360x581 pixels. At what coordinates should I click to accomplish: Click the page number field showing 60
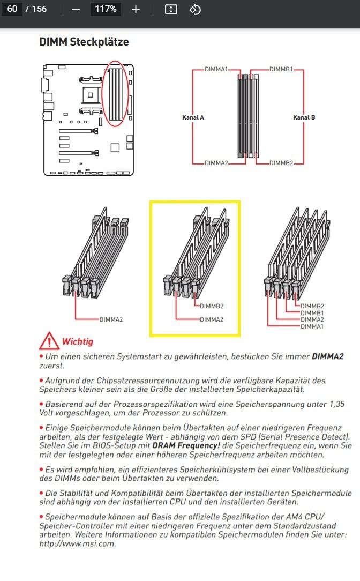tap(12, 9)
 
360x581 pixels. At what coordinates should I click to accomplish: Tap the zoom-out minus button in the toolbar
tap(76, 9)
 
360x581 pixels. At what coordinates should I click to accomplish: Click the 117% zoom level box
tap(105, 9)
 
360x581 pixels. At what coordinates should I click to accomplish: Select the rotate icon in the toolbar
tap(195, 9)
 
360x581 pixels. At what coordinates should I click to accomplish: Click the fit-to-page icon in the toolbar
tap(171, 9)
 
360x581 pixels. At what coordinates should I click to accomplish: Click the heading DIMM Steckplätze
tap(84, 42)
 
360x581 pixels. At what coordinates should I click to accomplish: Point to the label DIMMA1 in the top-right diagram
tap(216, 70)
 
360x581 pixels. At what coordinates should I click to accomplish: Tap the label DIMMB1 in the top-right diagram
tap(281, 70)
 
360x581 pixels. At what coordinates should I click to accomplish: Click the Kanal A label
tap(193, 117)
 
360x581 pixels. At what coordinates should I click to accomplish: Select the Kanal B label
tap(304, 117)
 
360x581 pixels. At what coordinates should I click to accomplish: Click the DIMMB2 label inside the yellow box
tap(212, 307)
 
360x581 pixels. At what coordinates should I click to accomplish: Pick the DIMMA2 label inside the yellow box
tap(212, 319)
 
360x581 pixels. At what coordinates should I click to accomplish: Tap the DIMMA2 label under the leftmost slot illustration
tap(111, 319)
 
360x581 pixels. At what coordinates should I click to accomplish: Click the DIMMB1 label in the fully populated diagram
tap(312, 313)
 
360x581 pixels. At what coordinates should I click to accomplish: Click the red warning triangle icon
tap(49, 341)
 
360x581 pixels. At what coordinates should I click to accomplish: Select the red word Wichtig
tap(78, 341)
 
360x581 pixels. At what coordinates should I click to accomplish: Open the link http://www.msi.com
tap(77, 543)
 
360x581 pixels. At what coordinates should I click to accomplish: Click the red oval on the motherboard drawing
tap(115, 94)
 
